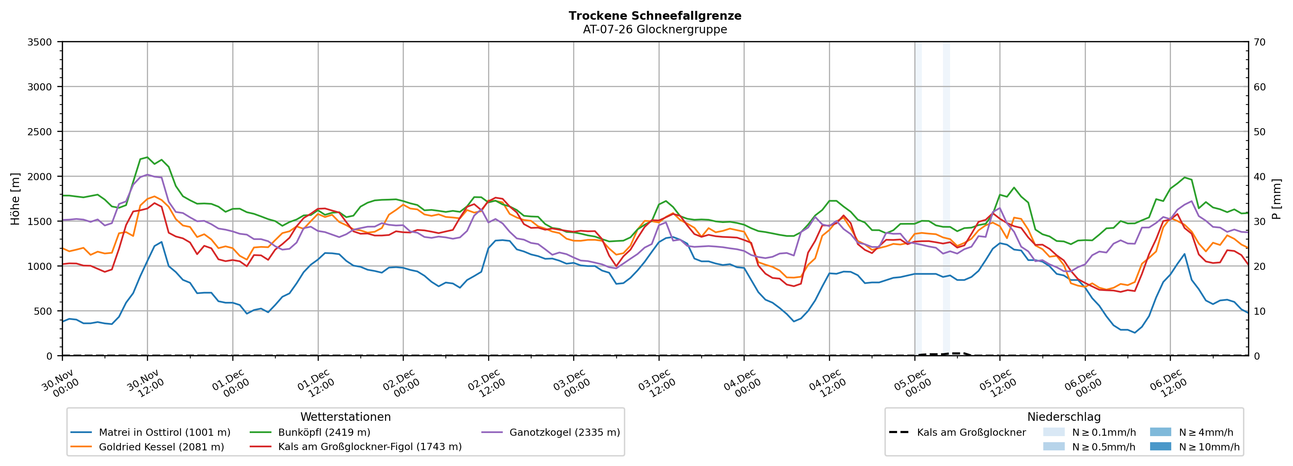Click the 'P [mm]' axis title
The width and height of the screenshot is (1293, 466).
[x=1276, y=199]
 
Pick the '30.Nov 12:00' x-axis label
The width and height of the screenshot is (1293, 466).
[x=146, y=384]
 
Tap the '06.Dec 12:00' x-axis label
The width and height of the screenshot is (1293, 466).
[x=1168, y=384]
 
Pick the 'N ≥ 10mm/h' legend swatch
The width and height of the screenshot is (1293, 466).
[x=1160, y=446]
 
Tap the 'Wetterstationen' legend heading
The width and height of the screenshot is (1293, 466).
[x=345, y=417]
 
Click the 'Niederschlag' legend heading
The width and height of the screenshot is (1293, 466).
[x=1064, y=417]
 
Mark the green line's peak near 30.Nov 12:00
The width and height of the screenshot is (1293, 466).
[x=147, y=157]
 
